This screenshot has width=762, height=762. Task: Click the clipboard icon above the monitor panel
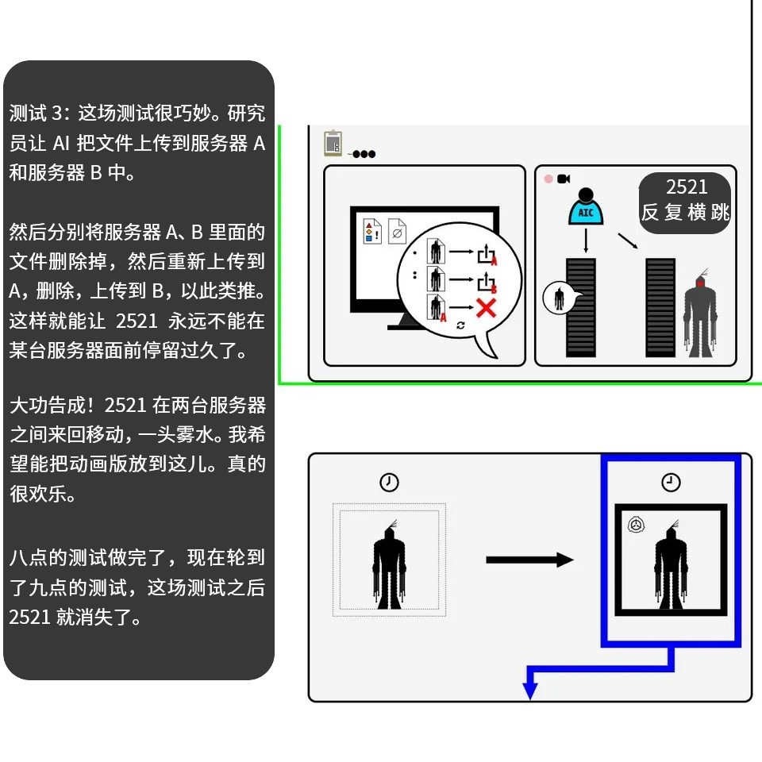[333, 144]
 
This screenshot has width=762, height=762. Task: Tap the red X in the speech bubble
[486, 307]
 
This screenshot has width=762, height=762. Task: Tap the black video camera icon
[564, 179]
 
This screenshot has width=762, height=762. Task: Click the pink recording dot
[548, 179]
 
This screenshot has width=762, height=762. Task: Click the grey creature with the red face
[700, 314]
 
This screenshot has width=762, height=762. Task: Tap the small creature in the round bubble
[560, 298]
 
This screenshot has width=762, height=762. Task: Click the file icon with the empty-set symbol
[398, 232]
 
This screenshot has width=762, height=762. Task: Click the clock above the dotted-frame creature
[389, 483]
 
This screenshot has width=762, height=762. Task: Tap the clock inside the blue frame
[671, 483]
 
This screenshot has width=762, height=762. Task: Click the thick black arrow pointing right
[529, 560]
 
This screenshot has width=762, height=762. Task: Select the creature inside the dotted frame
[389, 564]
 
